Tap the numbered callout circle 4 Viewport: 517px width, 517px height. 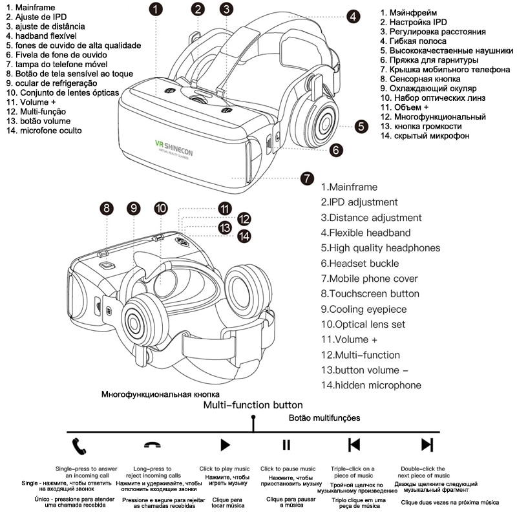353,16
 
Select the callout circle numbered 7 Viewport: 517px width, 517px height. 308,178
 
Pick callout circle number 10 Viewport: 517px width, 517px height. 161,208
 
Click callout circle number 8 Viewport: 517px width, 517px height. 106,208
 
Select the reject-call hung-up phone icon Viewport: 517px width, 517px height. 153,445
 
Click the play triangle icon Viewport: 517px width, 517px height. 225,445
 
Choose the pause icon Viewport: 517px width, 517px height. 286,445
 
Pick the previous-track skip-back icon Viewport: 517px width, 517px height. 353,445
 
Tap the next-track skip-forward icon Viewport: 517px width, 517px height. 427,445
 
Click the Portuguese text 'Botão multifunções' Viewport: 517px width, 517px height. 324,418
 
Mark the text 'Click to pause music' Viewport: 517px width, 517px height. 288,469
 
